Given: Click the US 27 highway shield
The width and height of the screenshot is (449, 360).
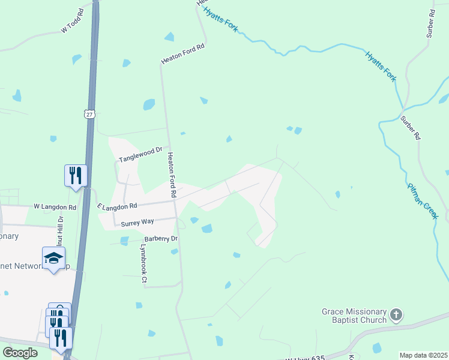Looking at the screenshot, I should tap(89, 114).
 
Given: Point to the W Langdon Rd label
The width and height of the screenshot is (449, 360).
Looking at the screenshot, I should tap(55, 207).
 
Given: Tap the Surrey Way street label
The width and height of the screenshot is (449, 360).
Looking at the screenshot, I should tap(137, 223).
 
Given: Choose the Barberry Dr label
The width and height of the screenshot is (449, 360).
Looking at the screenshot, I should tap(158, 238).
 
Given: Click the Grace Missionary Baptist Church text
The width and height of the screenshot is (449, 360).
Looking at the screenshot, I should tap(355, 316).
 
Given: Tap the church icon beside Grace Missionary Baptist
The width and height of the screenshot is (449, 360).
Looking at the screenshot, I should tap(396, 314).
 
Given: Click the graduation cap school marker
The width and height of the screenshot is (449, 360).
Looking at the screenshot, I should tap(53, 258).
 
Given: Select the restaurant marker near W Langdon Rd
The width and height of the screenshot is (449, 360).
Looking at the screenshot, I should tap(76, 175).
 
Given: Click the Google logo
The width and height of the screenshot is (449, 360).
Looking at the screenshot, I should tap(20, 353).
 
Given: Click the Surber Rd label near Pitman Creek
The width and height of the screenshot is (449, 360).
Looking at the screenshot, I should tap(411, 128).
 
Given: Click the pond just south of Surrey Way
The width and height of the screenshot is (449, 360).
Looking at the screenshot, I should tap(206, 229).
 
